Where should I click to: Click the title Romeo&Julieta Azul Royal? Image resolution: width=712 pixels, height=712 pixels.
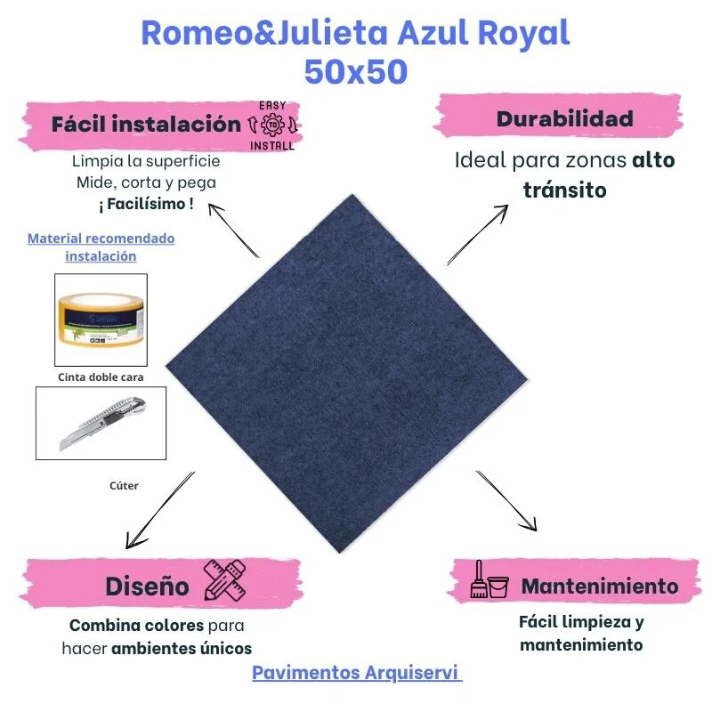(355, 34)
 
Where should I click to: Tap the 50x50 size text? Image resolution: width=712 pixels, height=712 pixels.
(355, 71)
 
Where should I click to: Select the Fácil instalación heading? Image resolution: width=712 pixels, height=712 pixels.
(146, 124)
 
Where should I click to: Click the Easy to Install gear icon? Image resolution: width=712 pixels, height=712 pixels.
(271, 125)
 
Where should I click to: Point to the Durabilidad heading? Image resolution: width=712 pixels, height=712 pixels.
(564, 118)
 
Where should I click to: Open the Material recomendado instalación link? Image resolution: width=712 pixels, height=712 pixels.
(101, 247)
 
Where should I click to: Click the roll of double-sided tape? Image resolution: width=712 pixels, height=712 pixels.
(101, 320)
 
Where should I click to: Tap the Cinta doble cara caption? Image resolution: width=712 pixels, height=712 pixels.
(101, 376)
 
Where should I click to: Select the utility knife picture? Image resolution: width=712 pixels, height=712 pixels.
(100, 423)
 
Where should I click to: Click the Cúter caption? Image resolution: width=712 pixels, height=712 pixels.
(124, 486)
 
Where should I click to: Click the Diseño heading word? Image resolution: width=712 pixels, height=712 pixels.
(147, 587)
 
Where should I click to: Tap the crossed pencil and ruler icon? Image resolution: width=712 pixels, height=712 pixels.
(223, 579)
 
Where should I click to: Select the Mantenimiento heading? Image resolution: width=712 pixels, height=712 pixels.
(599, 587)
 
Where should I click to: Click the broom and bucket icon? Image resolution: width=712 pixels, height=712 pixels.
(489, 580)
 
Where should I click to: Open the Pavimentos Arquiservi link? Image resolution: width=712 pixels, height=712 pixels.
(357, 672)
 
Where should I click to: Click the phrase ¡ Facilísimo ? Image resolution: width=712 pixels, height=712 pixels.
(146, 204)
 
